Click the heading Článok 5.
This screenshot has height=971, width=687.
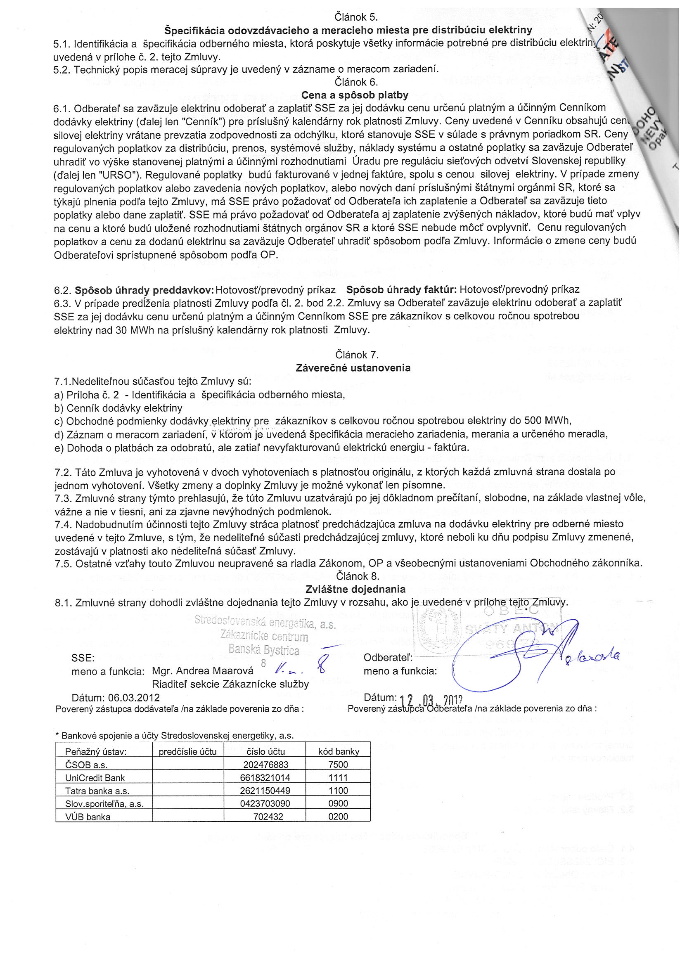point(356,17)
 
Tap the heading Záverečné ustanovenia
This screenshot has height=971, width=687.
point(353,367)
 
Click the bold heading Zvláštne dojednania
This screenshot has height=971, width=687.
point(355,589)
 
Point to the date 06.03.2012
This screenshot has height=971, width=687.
point(134,697)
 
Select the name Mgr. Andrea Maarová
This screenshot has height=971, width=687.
point(203,671)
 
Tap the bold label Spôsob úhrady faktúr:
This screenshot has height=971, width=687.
point(401,290)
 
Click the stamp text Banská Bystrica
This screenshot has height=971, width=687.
point(264,649)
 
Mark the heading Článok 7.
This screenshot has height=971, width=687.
point(357,354)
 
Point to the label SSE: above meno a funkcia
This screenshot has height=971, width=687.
point(83,658)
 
